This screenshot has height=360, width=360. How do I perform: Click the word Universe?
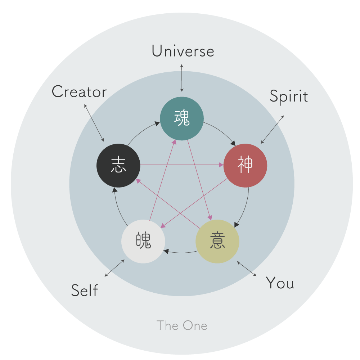click(183, 51)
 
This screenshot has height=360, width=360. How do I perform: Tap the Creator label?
click(79, 92)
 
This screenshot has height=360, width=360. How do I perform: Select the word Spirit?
click(289, 96)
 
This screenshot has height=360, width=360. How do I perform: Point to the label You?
click(280, 283)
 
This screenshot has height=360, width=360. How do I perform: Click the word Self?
click(85, 290)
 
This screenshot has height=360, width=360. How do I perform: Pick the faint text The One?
click(182, 325)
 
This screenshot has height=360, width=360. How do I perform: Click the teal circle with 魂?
click(182, 119)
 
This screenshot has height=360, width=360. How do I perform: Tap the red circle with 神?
click(245, 166)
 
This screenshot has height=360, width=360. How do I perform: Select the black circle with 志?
click(118, 166)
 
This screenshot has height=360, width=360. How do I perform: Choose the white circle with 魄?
click(143, 242)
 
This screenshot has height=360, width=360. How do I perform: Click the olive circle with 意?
click(217, 241)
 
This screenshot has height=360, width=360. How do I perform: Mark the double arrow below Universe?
click(182, 78)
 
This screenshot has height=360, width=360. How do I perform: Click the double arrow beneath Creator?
click(94, 123)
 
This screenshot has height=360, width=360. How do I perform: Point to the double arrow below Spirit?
click(272, 130)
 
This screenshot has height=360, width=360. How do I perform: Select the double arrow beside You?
click(247, 269)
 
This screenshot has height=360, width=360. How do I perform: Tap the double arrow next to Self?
click(114, 268)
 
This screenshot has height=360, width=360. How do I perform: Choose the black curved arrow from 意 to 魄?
click(180, 252)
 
